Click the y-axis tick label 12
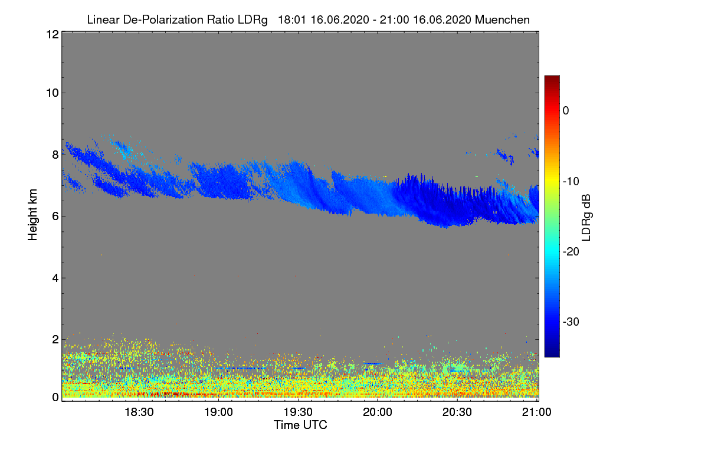pos(51,34)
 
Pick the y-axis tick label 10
pos(51,93)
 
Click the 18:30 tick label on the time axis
pos(139,412)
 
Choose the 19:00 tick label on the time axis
pos(218,412)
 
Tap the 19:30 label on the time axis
pos(299,412)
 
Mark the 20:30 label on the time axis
pos(458,412)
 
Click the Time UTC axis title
pos(300,425)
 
